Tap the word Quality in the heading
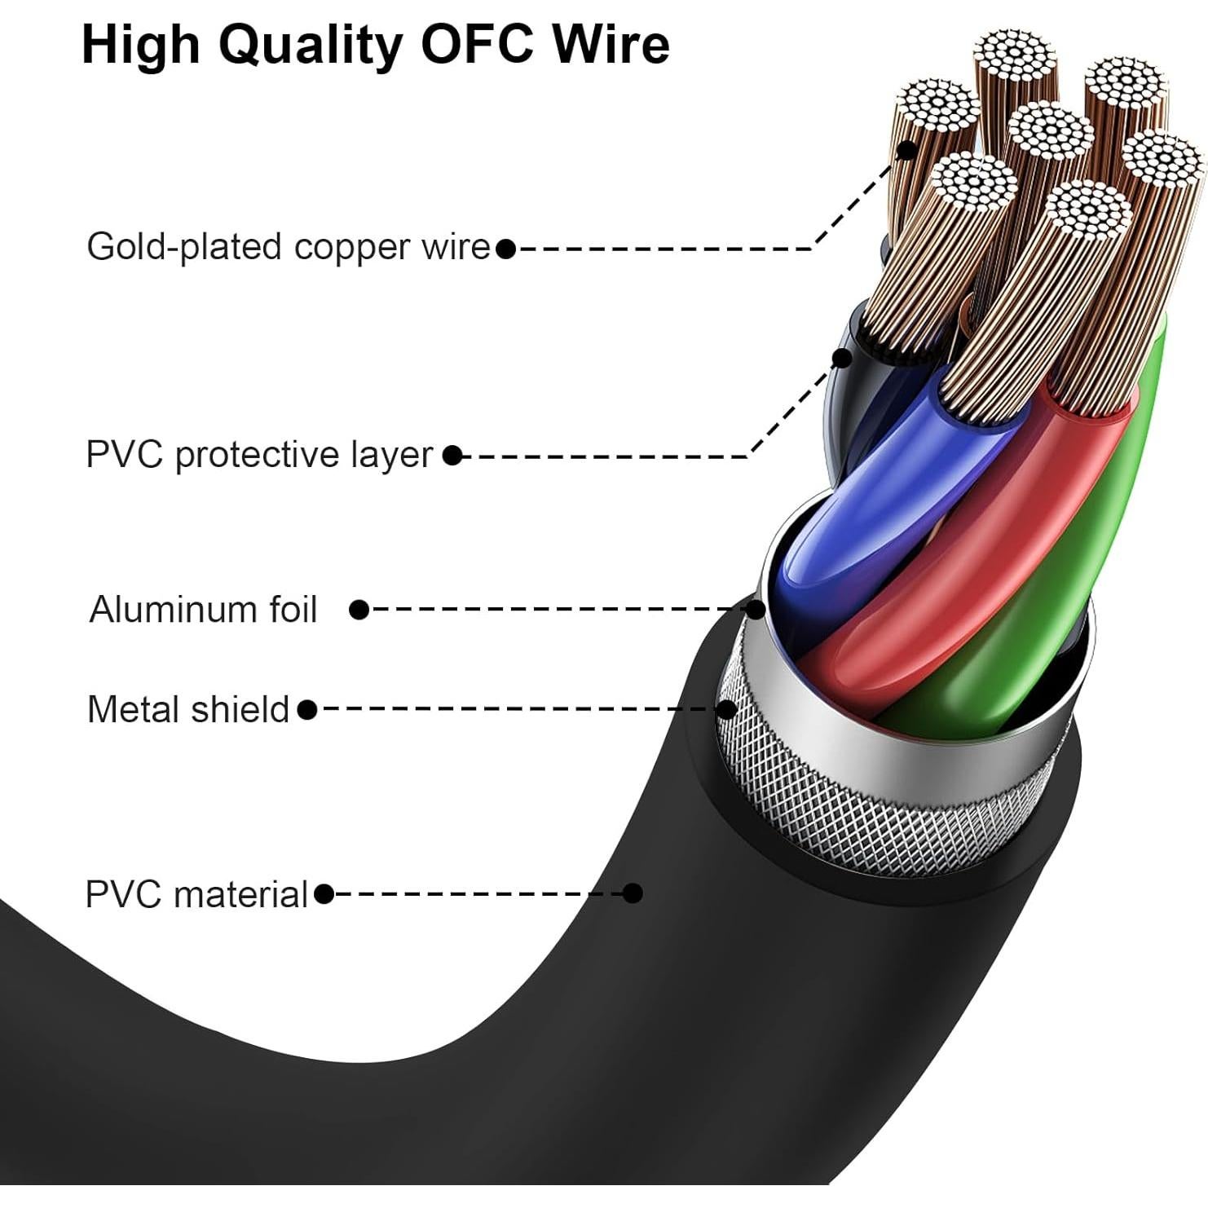point(310,46)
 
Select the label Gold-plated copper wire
point(288,247)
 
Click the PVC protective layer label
point(258,455)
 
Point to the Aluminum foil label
point(203,610)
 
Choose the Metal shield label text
point(187,709)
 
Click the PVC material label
point(196,894)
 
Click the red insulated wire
point(978,571)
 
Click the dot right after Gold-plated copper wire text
point(505,249)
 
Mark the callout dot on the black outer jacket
point(633,893)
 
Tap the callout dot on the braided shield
point(725,709)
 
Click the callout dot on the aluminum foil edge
point(756,609)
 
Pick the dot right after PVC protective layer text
point(452,456)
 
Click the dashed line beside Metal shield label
point(514,709)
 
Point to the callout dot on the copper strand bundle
point(906,150)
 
